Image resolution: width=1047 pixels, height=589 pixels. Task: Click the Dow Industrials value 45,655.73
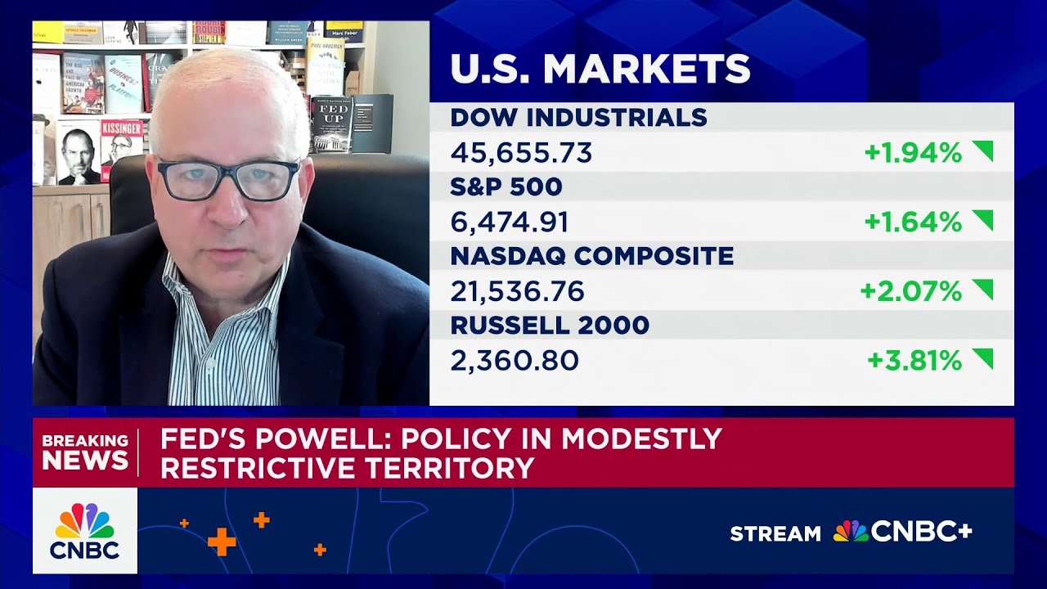(521, 153)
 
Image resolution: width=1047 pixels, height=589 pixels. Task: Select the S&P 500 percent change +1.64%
(913, 222)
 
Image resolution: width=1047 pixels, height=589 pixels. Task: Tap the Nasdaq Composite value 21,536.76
(517, 291)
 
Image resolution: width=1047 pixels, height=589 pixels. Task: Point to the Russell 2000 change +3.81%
(914, 361)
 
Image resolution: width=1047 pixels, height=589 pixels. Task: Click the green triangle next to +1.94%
(982, 151)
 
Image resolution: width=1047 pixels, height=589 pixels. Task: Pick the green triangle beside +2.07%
(982, 289)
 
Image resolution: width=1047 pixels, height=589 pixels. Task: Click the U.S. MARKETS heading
(600, 70)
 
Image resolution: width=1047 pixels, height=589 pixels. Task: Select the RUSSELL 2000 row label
(550, 326)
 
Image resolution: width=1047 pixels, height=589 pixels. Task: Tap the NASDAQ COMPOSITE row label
(591, 256)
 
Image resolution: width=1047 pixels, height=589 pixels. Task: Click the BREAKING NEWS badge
(85, 452)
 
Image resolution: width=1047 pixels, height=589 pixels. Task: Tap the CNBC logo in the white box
(85, 531)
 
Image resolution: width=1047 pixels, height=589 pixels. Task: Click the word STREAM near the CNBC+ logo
(775, 534)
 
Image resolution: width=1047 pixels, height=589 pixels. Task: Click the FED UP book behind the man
(331, 123)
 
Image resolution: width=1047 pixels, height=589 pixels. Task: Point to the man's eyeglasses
(228, 179)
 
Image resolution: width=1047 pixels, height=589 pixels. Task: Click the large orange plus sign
(222, 542)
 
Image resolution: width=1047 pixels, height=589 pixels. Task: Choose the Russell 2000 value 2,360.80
(515, 361)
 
